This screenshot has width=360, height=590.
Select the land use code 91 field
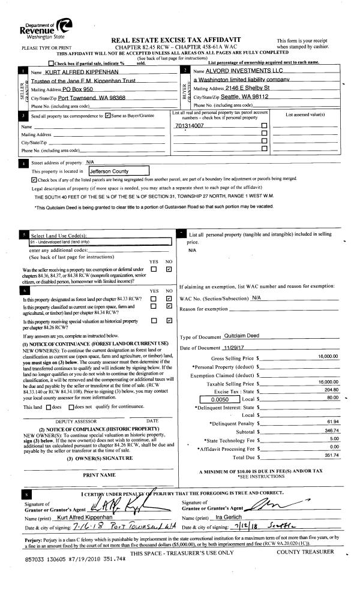96,242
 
